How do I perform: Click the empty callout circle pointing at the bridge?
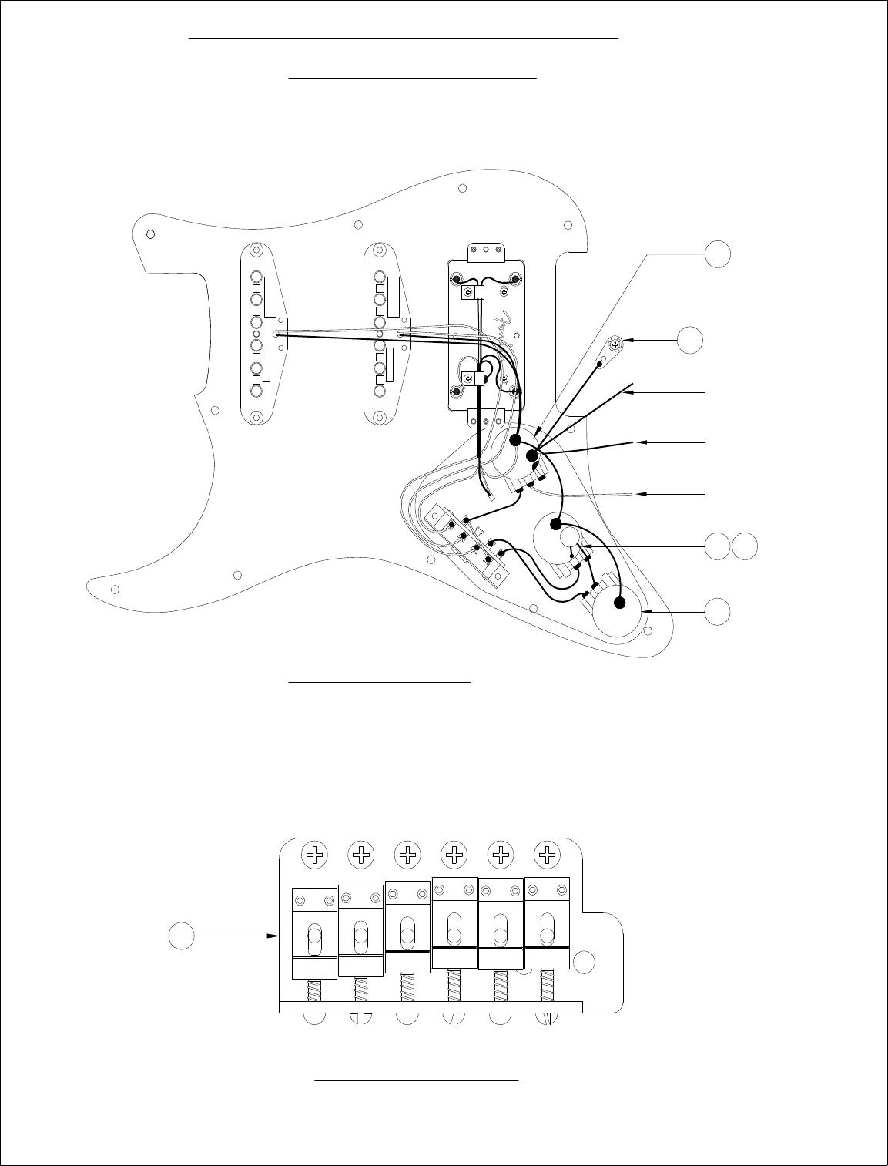pos(181,936)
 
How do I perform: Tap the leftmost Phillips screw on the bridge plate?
pos(314,854)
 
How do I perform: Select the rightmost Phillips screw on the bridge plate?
pos(548,854)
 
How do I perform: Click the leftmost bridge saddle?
pos(314,932)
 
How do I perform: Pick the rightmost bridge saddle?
pos(548,922)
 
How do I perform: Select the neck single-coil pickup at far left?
pos(262,334)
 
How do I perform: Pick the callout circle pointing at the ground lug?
pos(690,339)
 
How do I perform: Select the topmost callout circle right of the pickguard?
pos(718,253)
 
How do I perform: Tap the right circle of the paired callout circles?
pos(744,546)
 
